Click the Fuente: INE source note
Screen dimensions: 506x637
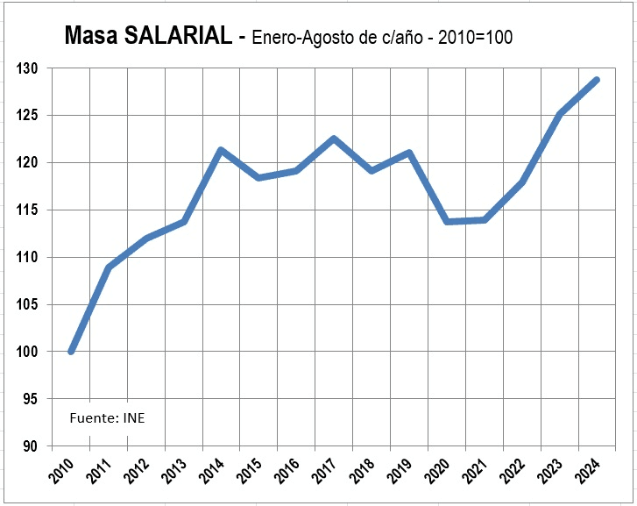click(107, 417)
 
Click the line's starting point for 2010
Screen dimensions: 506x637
click(71, 352)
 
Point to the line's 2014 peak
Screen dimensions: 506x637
click(221, 150)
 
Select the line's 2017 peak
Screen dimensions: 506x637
click(334, 139)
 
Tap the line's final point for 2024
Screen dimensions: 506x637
click(596, 80)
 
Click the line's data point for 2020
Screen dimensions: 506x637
click(447, 222)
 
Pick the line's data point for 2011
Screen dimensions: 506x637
click(109, 267)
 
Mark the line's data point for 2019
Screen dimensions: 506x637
click(409, 153)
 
